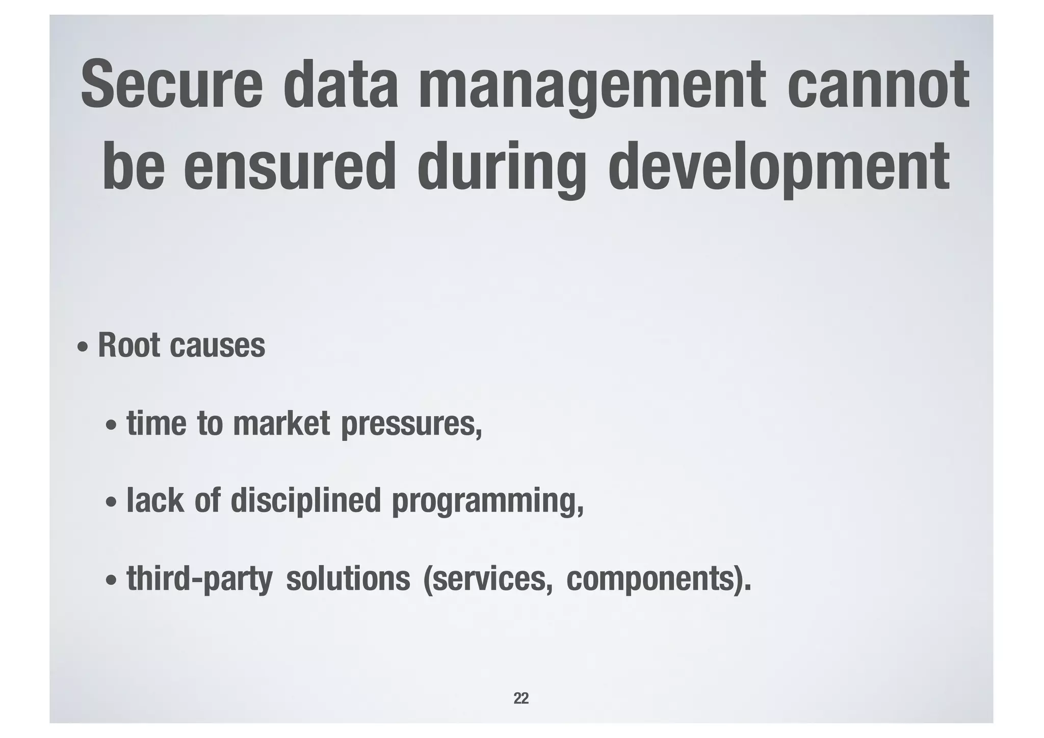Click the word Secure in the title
pyautogui.click(x=171, y=84)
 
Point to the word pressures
pyautogui.click(x=410, y=425)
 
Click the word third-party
pyautogui.click(x=199, y=580)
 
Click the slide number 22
pyautogui.click(x=521, y=698)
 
